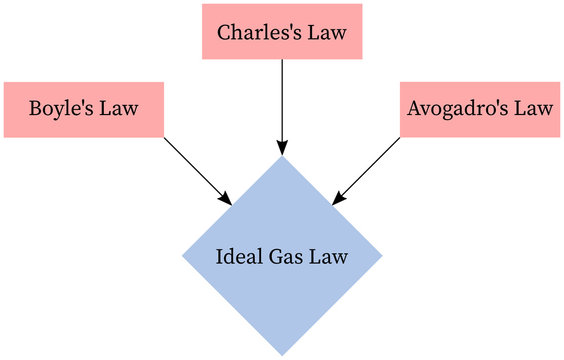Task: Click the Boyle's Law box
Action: pos(84,109)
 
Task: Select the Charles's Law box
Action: pos(282,32)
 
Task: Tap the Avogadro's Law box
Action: pos(480,109)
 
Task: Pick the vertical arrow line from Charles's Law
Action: pos(282,100)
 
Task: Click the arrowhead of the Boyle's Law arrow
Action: pos(228,200)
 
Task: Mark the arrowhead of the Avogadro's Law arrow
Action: pos(336,200)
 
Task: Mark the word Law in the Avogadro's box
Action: pos(532,109)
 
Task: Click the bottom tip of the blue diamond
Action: pos(282,353)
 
